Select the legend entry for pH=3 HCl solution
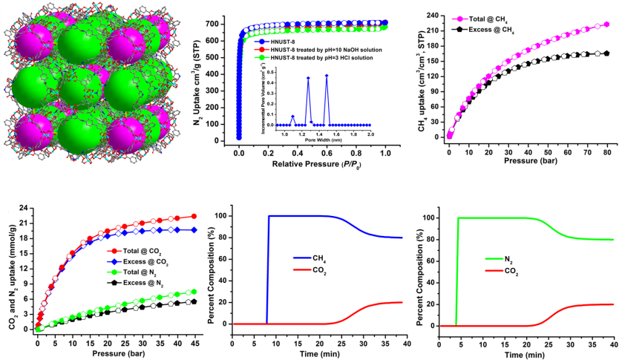(x=319, y=56)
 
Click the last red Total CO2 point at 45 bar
(x=194, y=216)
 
